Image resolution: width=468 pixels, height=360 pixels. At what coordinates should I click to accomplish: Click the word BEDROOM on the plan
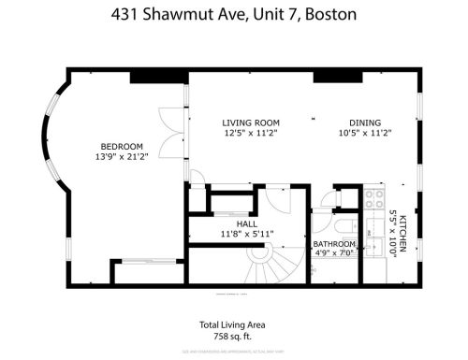[x=122, y=146]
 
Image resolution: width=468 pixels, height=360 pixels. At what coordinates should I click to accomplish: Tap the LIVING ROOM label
[x=251, y=122]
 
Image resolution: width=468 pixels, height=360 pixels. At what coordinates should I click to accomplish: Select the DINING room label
[x=365, y=122]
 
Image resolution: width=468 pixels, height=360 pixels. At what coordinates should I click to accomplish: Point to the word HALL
[x=247, y=224]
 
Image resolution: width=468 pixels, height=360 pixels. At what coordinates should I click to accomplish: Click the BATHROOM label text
[x=334, y=244]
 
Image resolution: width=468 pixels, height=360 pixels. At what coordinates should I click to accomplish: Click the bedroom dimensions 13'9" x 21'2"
[x=122, y=157]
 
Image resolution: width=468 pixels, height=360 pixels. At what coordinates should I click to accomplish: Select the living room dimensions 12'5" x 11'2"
[x=251, y=134]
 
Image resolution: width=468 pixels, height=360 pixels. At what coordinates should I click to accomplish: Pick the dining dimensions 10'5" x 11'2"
[x=365, y=134]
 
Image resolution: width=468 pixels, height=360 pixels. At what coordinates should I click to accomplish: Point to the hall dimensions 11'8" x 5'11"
[x=247, y=235]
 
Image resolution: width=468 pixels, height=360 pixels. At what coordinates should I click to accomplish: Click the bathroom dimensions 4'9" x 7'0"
[x=334, y=252]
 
